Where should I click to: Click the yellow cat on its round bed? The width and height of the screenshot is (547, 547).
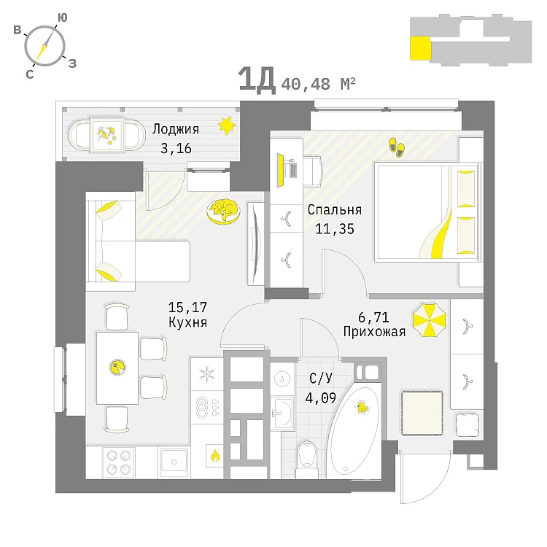coord(222,211)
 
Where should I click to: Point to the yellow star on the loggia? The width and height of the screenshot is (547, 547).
coord(228,125)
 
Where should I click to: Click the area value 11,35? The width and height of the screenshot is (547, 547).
coord(334,228)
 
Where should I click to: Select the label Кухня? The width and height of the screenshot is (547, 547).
coord(183,321)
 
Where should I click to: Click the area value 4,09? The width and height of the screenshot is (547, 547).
coord(321,398)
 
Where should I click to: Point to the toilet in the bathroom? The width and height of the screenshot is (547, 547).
coord(308,456)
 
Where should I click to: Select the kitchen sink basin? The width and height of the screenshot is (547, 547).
coord(174,459)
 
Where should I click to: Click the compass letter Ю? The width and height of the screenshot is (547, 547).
coord(63,17)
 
